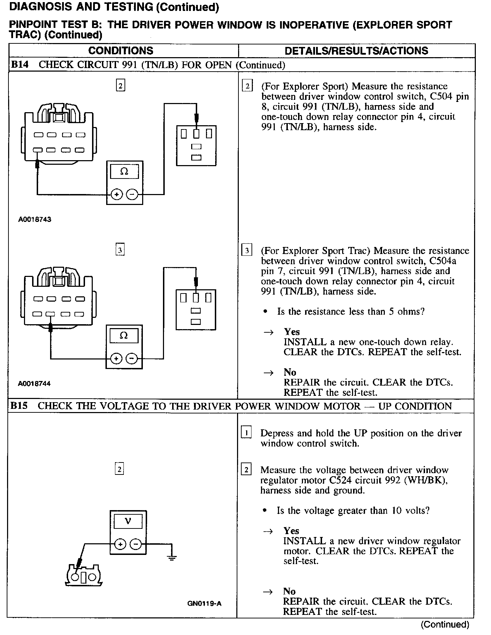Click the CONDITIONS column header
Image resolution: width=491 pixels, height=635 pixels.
[x=121, y=50]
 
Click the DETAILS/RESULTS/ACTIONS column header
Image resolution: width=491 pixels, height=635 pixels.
[x=356, y=50]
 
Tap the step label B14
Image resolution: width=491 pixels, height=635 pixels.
[x=20, y=65]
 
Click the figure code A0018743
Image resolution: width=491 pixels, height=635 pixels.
[x=35, y=219]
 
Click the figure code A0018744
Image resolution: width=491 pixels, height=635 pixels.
[x=34, y=383]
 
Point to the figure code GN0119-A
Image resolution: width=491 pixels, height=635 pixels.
[x=205, y=603]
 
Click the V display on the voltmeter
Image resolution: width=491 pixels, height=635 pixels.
[x=128, y=521]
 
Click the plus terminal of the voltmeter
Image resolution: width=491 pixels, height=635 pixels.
[x=120, y=544]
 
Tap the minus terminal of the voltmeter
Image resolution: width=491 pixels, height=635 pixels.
[x=135, y=544]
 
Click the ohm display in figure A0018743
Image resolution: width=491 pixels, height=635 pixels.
[x=124, y=172]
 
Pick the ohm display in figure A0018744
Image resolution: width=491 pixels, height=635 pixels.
[x=123, y=335]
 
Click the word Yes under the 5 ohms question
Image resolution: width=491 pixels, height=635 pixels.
[x=292, y=332]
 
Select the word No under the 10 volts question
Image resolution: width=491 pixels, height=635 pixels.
[x=289, y=591]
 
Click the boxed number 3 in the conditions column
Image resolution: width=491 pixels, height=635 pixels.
[x=120, y=250]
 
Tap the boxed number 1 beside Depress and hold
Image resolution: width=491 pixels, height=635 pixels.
[x=246, y=433]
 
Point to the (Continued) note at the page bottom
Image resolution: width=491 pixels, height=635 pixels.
[x=445, y=624]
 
